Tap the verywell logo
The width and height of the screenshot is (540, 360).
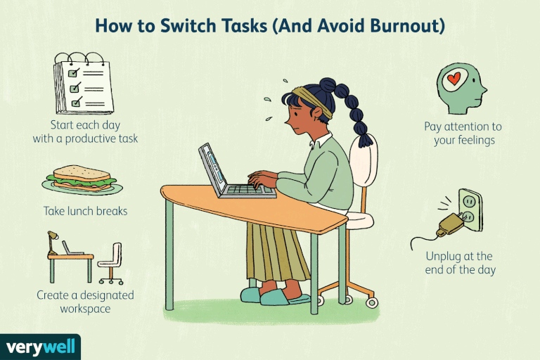(40, 347)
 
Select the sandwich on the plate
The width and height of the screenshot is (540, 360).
(82, 178)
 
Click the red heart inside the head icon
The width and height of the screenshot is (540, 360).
(454, 79)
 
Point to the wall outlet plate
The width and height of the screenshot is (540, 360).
(471, 210)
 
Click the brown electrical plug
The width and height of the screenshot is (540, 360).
(451, 224)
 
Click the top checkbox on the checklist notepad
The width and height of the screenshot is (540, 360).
(72, 73)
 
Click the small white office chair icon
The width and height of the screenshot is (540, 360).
(111, 263)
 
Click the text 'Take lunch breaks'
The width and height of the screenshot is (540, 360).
(85, 211)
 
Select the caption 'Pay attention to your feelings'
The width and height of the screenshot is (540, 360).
(463, 134)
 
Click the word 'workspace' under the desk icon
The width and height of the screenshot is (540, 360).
(85, 309)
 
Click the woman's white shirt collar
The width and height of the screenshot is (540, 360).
(320, 140)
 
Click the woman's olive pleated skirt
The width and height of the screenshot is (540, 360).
(276, 252)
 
